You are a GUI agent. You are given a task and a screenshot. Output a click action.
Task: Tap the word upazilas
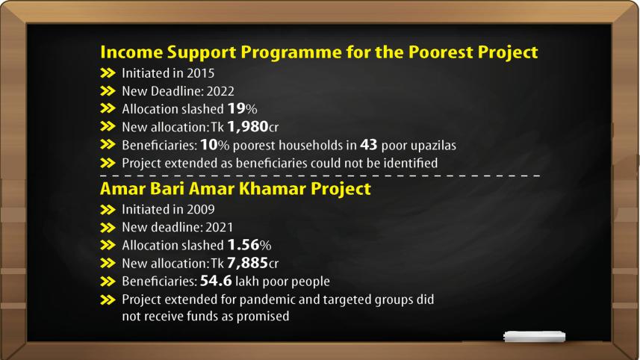[430, 145]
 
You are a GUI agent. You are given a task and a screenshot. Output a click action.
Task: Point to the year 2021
[213, 227]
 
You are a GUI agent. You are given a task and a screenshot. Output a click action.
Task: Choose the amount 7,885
[243, 263]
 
